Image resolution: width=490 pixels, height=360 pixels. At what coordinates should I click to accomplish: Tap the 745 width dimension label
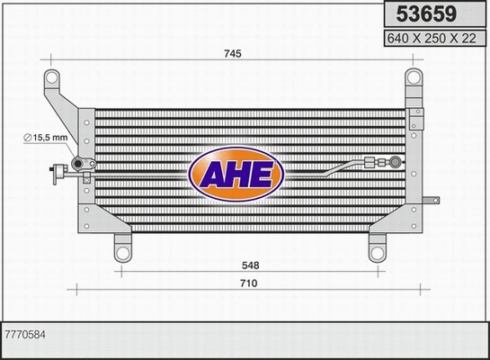click(232, 54)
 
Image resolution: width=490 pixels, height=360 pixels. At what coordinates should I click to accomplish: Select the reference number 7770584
click(24, 334)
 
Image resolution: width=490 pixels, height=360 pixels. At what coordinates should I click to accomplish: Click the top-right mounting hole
click(414, 76)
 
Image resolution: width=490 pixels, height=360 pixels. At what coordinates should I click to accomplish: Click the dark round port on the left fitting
click(77, 164)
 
